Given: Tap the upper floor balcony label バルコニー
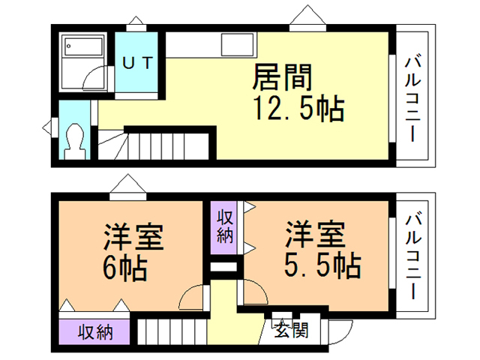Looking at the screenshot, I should point(412,93).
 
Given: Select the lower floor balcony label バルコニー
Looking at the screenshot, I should point(412,255).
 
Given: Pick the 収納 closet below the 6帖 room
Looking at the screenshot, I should point(94,331).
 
